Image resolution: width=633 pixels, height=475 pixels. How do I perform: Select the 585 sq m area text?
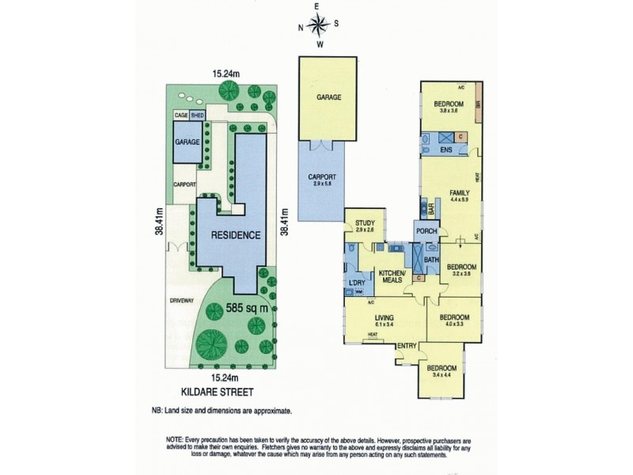[248, 307]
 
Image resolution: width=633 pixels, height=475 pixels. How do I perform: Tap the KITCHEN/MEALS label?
[391, 277]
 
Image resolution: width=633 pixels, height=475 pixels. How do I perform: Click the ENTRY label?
[407, 345]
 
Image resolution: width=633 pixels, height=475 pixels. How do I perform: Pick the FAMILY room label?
[459, 192]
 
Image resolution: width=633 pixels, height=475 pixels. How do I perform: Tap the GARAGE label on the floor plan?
[328, 97]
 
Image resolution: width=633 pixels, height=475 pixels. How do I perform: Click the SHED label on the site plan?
[195, 115]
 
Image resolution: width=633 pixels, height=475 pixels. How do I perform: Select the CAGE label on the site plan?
[180, 115]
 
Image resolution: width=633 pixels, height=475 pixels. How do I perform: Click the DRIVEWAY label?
[182, 300]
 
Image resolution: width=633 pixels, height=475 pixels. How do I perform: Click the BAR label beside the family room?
[432, 210]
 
